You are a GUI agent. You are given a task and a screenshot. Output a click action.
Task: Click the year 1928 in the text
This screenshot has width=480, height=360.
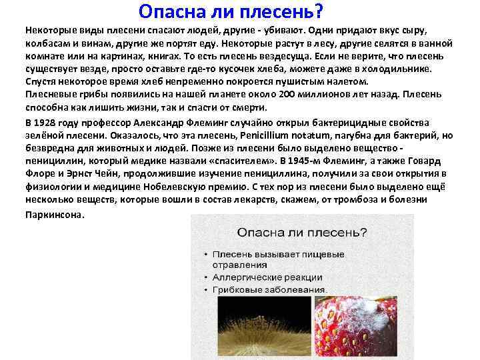click(49, 123)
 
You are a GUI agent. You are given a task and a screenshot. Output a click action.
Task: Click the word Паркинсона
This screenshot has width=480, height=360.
click(55, 215)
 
